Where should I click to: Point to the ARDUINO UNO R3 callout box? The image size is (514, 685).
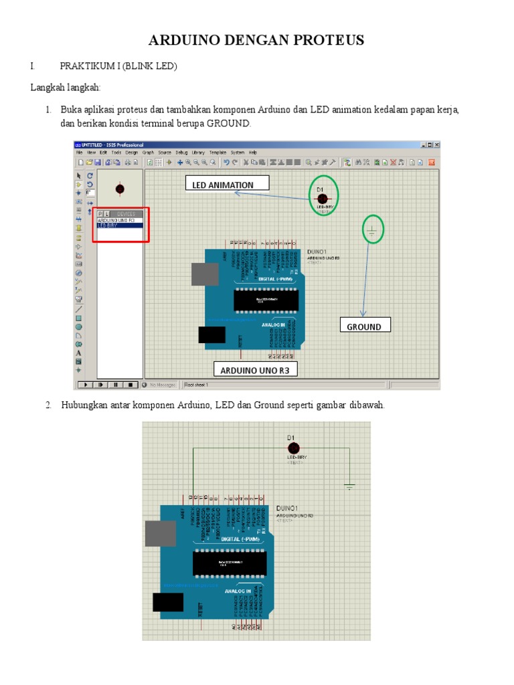[255, 369]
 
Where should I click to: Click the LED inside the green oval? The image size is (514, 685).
[322, 199]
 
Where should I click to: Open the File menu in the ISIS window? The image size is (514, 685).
[80, 153]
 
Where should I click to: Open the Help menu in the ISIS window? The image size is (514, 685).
[252, 153]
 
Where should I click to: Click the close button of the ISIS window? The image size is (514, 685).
[436, 144]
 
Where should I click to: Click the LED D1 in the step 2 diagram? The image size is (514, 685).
[292, 448]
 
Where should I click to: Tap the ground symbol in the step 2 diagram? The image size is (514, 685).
[349, 486]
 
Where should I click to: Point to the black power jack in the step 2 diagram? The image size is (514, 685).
[167, 601]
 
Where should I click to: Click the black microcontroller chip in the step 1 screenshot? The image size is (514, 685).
[266, 301]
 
